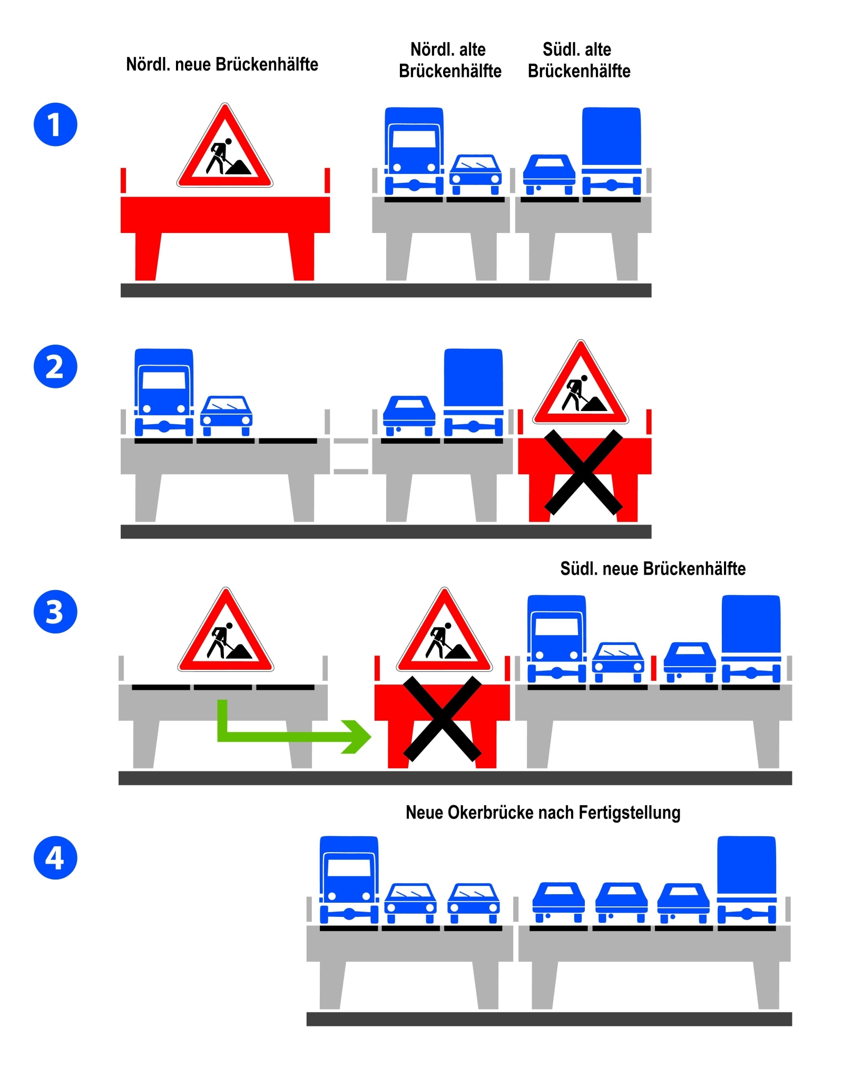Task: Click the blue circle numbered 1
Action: coord(55,124)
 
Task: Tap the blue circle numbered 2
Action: coord(55,366)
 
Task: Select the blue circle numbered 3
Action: coord(55,611)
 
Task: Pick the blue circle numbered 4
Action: coord(55,857)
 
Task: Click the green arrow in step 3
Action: coord(295,736)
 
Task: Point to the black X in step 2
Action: coord(583,472)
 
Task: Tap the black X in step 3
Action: coord(442,719)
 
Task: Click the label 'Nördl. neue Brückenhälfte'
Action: coord(222,64)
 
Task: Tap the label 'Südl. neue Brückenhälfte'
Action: coord(653,569)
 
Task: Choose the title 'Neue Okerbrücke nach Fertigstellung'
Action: coord(543,812)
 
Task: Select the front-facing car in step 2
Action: coord(226,415)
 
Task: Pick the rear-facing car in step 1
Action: coord(548,174)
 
